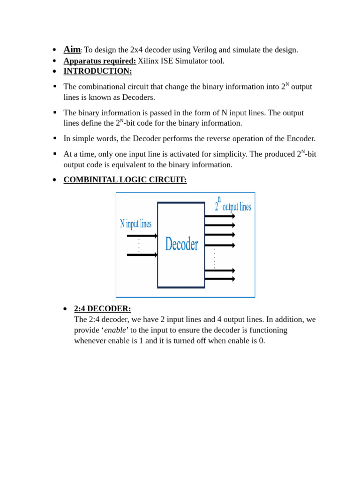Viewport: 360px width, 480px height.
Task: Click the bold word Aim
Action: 72,49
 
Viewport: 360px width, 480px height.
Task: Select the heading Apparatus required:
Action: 99,61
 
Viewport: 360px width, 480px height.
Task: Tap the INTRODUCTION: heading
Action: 97,71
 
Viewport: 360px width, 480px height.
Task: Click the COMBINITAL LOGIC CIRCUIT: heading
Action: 125,180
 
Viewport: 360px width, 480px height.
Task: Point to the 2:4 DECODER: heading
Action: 102,309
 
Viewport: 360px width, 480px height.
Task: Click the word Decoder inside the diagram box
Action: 181,244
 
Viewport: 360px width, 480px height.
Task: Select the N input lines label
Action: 135,224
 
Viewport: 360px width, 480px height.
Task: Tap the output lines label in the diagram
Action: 236,207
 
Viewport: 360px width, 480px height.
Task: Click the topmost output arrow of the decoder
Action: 219,216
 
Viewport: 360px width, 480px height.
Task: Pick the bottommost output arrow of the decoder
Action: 219,279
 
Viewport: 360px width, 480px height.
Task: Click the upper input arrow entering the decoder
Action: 142,236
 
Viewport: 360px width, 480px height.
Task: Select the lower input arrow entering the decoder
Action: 142,255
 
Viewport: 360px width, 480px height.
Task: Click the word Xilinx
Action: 149,61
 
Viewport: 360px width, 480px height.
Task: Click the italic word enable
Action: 115,330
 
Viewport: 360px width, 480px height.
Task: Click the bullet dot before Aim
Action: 54,50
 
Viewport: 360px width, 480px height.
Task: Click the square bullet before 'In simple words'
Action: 55,138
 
